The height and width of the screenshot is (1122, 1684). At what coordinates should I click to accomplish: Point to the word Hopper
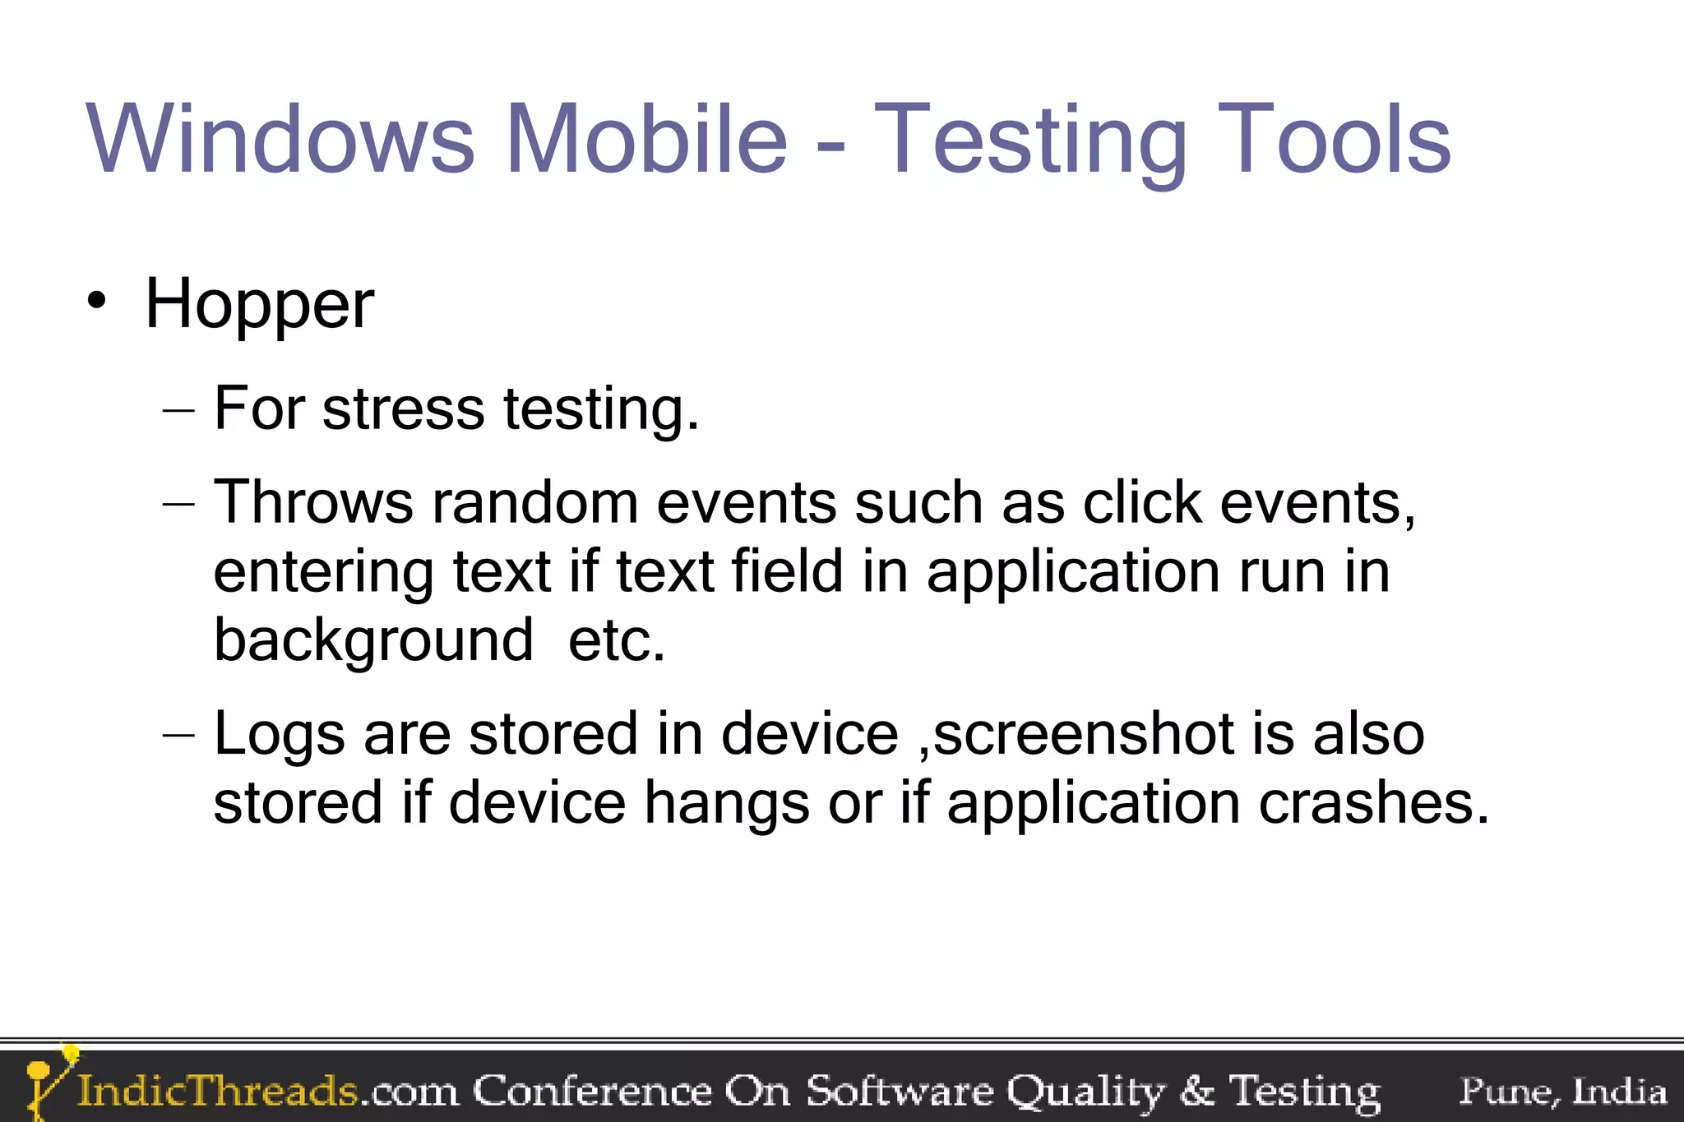coord(259,304)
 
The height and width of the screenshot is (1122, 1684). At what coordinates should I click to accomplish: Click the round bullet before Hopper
coord(97,301)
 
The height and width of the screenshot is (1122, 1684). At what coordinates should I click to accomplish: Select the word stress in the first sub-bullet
coord(403,409)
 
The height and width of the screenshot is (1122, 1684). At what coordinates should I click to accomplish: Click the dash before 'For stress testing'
coord(179,409)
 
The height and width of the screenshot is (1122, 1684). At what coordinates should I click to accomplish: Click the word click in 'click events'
coord(1142,501)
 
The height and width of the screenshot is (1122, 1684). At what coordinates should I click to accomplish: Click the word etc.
coord(616,639)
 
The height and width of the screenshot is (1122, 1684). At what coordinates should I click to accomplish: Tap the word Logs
coord(279,733)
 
